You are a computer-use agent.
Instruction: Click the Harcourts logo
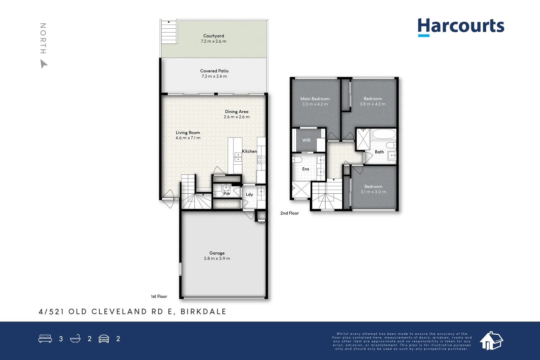461,26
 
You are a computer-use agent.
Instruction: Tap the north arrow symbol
44,64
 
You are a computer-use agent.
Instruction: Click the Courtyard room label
214,36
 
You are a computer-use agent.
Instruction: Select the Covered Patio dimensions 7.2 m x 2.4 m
214,76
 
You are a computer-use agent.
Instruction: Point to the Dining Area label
237,112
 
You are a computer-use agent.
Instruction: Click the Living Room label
188,133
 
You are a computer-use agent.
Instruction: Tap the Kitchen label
249,151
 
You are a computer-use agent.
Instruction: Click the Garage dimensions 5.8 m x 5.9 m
217,258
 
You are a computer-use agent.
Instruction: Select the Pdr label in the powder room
227,194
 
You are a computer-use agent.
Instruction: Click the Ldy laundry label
249,194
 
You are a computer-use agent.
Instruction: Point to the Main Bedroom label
315,99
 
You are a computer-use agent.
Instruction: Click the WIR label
306,140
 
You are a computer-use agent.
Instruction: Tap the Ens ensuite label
305,169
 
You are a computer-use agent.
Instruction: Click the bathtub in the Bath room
384,134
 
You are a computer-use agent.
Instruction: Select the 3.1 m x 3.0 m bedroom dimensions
373,192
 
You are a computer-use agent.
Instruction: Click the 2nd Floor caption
290,213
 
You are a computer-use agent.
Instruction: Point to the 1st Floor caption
159,297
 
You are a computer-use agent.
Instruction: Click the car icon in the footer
104,339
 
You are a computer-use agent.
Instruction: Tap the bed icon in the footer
45,339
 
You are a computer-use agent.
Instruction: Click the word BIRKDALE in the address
203,312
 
